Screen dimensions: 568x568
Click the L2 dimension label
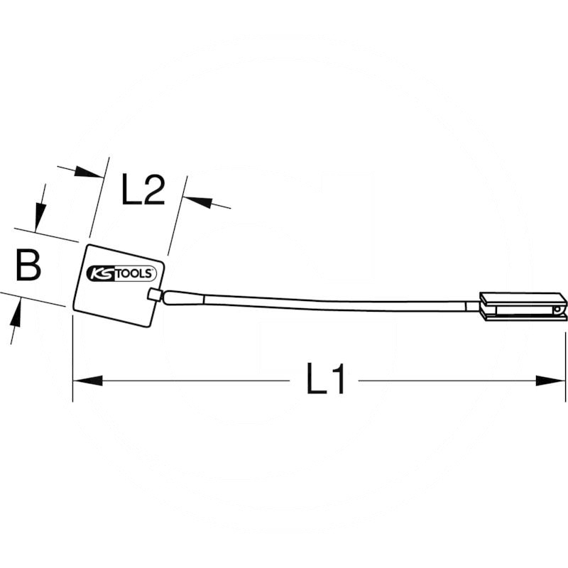[x=143, y=190]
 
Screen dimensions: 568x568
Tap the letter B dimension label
[x=28, y=265]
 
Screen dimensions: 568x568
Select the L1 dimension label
[x=325, y=378]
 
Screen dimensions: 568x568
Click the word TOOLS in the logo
[x=134, y=273]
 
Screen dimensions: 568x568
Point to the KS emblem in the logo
[x=101, y=273]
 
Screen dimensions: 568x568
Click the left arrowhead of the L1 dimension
[x=87, y=381]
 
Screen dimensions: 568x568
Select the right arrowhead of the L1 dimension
[x=550, y=381]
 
